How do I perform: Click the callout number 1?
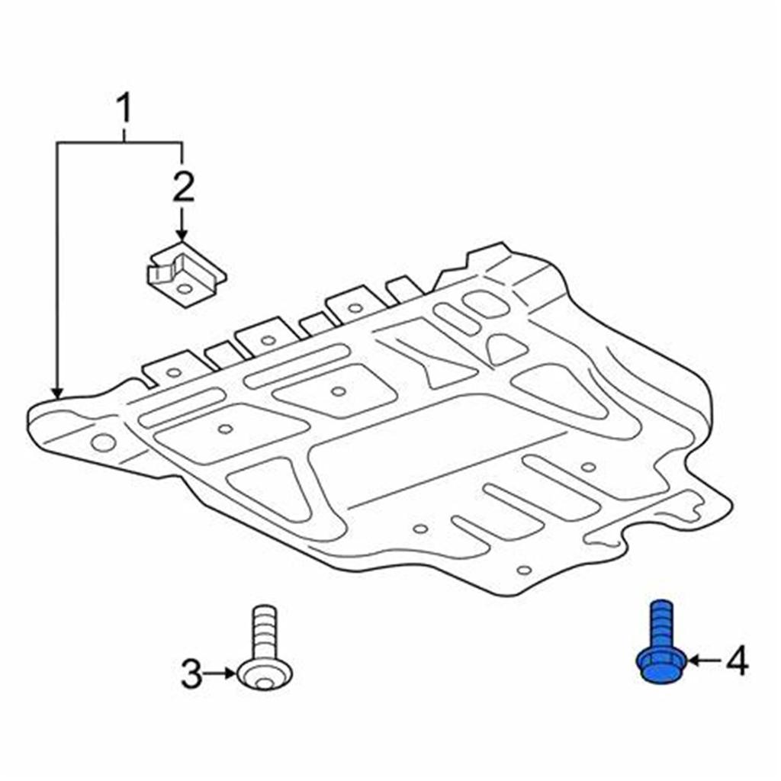click(x=123, y=110)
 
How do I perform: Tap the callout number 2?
click(x=182, y=187)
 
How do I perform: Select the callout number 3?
click(x=191, y=674)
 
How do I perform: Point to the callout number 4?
click(x=736, y=661)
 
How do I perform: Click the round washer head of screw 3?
click(x=264, y=674)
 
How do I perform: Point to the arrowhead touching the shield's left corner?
click(x=57, y=390)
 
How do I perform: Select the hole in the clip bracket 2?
click(x=185, y=289)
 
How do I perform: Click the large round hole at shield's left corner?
click(x=103, y=442)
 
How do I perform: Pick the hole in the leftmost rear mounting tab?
click(x=174, y=372)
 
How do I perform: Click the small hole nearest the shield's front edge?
click(x=522, y=570)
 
